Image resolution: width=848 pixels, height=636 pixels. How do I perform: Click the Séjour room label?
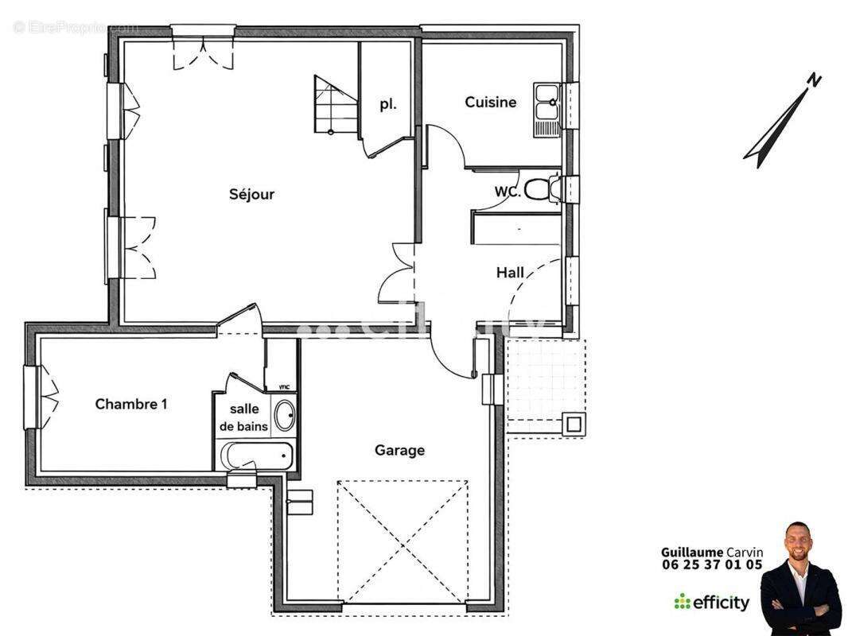[x=251, y=194]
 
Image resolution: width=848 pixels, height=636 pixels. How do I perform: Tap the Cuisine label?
[x=490, y=102]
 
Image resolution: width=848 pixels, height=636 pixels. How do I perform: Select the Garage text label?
[x=399, y=450]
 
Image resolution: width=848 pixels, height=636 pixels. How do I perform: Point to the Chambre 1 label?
[x=131, y=404]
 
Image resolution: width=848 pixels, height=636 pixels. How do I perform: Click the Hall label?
[x=510, y=273]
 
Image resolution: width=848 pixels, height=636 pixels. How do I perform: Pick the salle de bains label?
[x=244, y=417]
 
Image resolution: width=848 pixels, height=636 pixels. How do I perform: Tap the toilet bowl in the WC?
[x=539, y=189]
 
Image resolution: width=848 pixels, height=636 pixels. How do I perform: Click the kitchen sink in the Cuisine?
[x=547, y=107]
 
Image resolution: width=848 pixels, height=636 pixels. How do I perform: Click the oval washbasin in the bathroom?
[x=283, y=415]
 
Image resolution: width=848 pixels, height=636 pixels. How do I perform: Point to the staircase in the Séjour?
[x=334, y=105]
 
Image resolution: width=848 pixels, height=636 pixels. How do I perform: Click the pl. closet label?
[x=387, y=104]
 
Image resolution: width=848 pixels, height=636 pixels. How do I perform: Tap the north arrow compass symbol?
[x=782, y=119]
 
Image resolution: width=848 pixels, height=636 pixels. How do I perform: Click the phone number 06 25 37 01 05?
[x=711, y=565]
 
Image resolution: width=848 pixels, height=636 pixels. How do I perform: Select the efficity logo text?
[x=720, y=603]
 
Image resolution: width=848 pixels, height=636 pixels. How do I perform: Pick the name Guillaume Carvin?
[x=711, y=552]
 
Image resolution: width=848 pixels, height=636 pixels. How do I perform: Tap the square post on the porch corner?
[x=574, y=424]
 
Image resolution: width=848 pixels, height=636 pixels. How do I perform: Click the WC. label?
[x=508, y=192]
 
